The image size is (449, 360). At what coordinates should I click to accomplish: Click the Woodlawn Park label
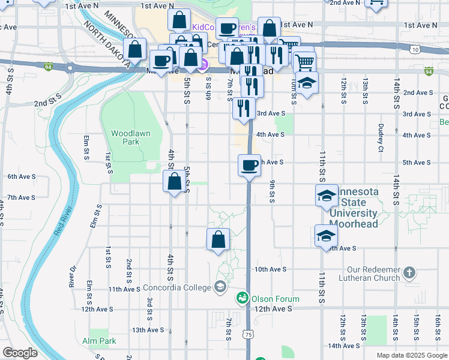click(130, 137)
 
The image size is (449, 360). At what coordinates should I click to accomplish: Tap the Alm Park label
click(99, 341)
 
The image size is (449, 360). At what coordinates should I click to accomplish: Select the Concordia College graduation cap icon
click(220, 287)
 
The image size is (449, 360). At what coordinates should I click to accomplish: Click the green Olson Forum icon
click(243, 298)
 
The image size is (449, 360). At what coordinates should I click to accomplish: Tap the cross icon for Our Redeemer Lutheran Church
click(409, 273)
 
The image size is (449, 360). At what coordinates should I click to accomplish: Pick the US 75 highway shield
click(249, 333)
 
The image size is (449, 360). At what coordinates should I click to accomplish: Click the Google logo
click(20, 353)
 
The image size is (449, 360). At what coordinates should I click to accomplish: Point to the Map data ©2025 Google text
click(411, 355)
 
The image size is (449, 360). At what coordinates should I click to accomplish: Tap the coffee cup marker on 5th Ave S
click(249, 164)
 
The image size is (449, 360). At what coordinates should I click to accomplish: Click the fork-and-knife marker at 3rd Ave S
click(243, 109)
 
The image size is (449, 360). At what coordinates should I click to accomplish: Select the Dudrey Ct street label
click(381, 137)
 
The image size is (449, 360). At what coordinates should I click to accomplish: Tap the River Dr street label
click(73, 275)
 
